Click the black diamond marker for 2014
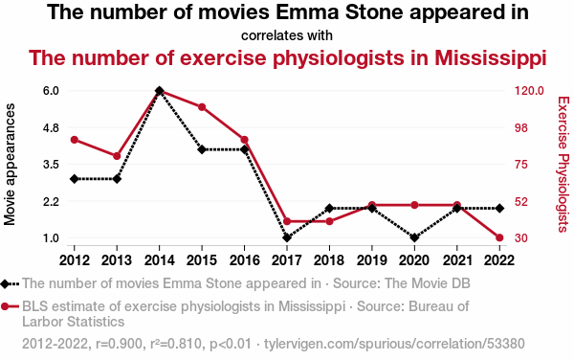pos(159,90)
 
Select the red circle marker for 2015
pos(202,107)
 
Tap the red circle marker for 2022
pos(499,237)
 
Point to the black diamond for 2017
pos(287,237)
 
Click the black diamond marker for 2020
pos(414,237)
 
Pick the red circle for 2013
pos(117,156)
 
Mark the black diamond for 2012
pos(75,179)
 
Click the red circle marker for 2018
pos(329,221)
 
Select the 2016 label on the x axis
pos(245,260)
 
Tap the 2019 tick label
pos(372,260)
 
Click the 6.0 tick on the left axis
pos(51,90)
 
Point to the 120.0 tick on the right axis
pos(529,90)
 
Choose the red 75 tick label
pos(521,164)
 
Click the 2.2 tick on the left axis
pos(51,201)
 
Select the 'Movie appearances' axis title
pos(10,164)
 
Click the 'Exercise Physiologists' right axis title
pos(563,164)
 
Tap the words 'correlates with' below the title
pos(287,35)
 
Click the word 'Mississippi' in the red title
pos(491,58)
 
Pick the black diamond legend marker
pos(5,283)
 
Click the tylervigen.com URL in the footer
pos(394,344)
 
